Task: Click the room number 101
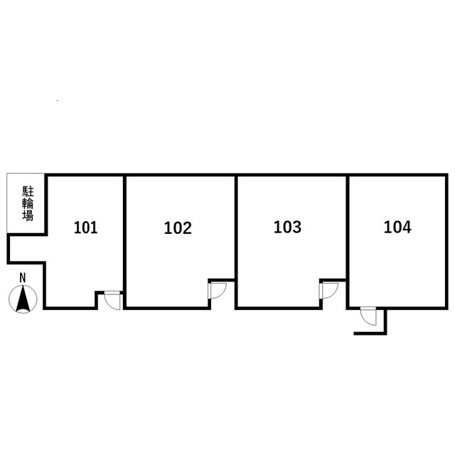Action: click(85, 227)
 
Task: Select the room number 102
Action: click(178, 228)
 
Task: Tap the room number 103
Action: click(287, 227)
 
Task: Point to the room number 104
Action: click(397, 227)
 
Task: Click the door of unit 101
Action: click(112, 300)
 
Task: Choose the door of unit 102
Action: click(217, 291)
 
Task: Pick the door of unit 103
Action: click(328, 291)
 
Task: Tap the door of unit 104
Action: click(368, 316)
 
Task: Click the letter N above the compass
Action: click(22, 278)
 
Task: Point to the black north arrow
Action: click(22, 299)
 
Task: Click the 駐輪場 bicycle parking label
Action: click(28, 204)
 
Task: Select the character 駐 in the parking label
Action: click(28, 192)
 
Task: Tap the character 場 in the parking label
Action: click(28, 216)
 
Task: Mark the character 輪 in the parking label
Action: click(28, 204)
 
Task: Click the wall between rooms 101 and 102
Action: click(125, 242)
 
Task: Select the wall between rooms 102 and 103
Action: click(236, 242)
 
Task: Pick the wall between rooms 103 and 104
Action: click(348, 242)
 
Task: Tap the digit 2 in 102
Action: click(187, 228)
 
